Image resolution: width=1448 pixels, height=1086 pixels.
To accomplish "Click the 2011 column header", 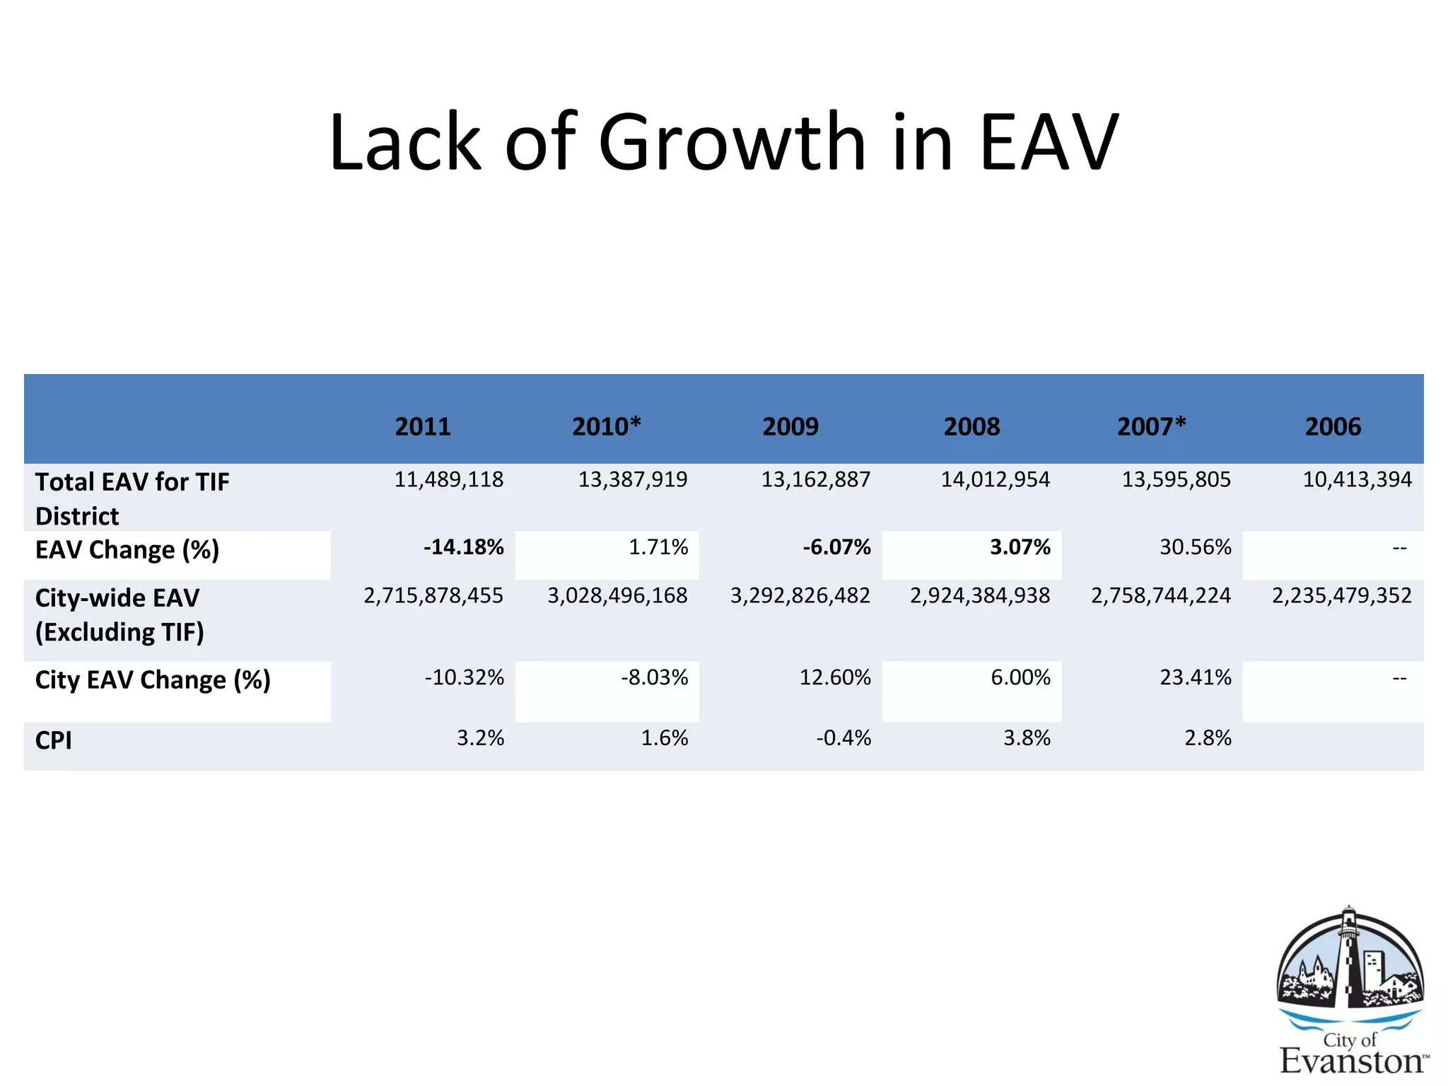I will (423, 426).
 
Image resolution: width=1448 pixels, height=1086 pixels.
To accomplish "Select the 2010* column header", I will (606, 426).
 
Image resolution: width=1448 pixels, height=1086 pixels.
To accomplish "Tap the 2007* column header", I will (1151, 426).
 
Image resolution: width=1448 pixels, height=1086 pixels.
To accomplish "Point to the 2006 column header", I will (1333, 426).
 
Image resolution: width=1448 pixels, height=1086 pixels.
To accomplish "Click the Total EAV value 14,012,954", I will (995, 479).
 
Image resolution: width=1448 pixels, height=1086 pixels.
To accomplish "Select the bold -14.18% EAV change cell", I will (463, 547).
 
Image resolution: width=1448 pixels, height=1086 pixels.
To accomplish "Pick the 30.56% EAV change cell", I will (1195, 547).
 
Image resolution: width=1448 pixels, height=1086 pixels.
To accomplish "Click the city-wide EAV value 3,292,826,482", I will (800, 595).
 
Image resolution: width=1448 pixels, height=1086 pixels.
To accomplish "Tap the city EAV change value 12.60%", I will (834, 677).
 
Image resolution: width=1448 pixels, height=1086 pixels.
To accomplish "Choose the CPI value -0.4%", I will (843, 738).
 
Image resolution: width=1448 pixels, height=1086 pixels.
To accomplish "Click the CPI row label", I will (54, 740).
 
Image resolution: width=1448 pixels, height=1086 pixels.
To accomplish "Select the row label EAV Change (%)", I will (127, 549).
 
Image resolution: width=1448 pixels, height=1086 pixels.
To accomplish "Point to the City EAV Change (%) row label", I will (153, 679).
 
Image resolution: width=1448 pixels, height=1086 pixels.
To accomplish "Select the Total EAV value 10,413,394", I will (1357, 479).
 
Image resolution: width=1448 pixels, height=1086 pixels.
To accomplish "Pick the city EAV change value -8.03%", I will (654, 677).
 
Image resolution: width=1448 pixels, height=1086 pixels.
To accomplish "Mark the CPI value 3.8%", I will (1027, 738).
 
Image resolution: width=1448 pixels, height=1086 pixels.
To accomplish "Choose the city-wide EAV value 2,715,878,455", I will (433, 595).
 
